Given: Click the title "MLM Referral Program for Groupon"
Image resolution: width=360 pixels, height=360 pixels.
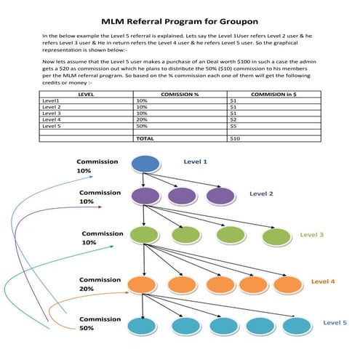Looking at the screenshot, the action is point(180,23).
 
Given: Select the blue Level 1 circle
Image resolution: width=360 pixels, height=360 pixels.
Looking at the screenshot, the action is point(145,164).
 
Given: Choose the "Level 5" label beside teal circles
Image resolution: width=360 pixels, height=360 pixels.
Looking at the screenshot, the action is point(335,322).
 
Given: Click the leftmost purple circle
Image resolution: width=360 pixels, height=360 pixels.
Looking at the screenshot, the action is point(145,196).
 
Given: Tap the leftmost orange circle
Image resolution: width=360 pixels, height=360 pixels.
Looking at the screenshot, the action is point(140,284).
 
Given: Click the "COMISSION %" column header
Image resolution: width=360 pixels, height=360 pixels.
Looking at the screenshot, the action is point(180,95).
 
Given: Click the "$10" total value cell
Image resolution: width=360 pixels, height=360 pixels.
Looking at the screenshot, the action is point(234,137).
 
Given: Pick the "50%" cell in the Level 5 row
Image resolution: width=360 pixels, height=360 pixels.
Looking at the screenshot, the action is point(142,124).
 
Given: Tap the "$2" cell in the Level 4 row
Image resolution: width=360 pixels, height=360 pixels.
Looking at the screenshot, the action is point(233,119).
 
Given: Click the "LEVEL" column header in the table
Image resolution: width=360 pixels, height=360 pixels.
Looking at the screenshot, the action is point(85,95).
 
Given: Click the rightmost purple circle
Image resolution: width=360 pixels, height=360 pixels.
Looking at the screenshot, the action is point(219,196).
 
